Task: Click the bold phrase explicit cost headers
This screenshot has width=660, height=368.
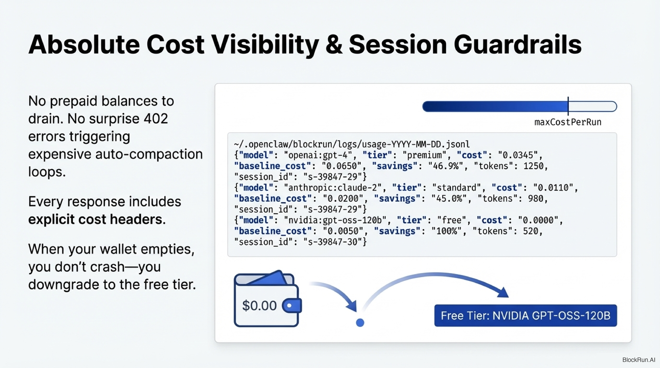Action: (x=97, y=219)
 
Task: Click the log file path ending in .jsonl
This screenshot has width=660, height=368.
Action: (x=352, y=144)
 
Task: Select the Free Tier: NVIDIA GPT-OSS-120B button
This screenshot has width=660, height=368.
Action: (x=525, y=316)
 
